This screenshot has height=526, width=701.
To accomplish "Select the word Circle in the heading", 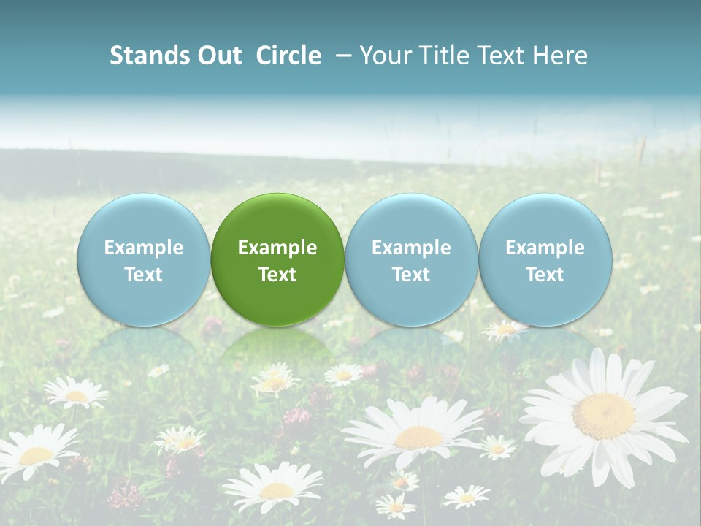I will (x=288, y=56).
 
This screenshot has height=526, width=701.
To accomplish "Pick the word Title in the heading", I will (x=442, y=56).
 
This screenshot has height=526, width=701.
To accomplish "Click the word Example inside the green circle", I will (x=277, y=248).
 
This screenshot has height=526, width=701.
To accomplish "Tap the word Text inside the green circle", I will (x=277, y=275).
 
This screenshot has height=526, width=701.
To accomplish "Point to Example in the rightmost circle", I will (x=545, y=248).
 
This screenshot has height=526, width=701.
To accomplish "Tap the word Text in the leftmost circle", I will (x=143, y=275).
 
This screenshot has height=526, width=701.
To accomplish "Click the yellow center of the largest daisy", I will (x=603, y=416).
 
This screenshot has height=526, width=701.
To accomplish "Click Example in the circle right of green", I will (x=411, y=248).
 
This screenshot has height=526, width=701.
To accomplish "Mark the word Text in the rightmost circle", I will (x=545, y=275).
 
